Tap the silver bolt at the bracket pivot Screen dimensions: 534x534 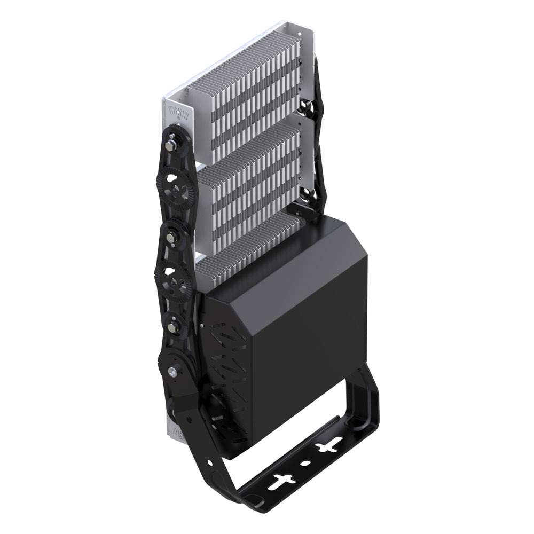(172, 371)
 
